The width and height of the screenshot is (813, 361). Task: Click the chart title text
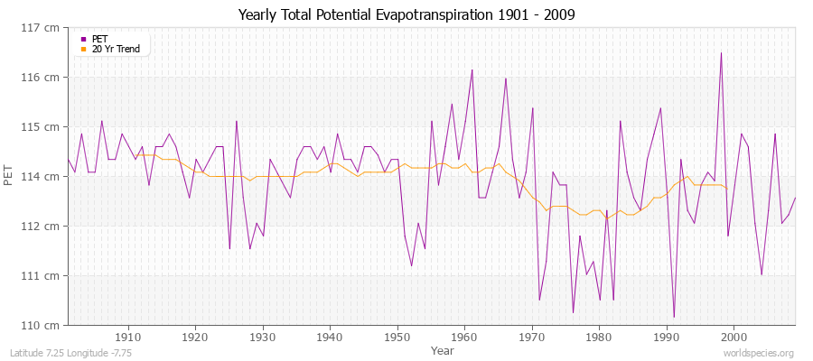pyautogui.click(x=406, y=15)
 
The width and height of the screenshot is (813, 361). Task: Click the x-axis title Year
pyautogui.click(x=443, y=349)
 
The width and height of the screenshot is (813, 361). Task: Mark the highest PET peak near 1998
pyautogui.click(x=721, y=52)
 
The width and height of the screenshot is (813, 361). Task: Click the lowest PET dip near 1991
pyautogui.click(x=674, y=317)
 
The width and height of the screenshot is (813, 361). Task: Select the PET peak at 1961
pyautogui.click(x=472, y=69)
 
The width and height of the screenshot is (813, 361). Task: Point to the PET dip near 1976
pyautogui.click(x=573, y=312)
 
